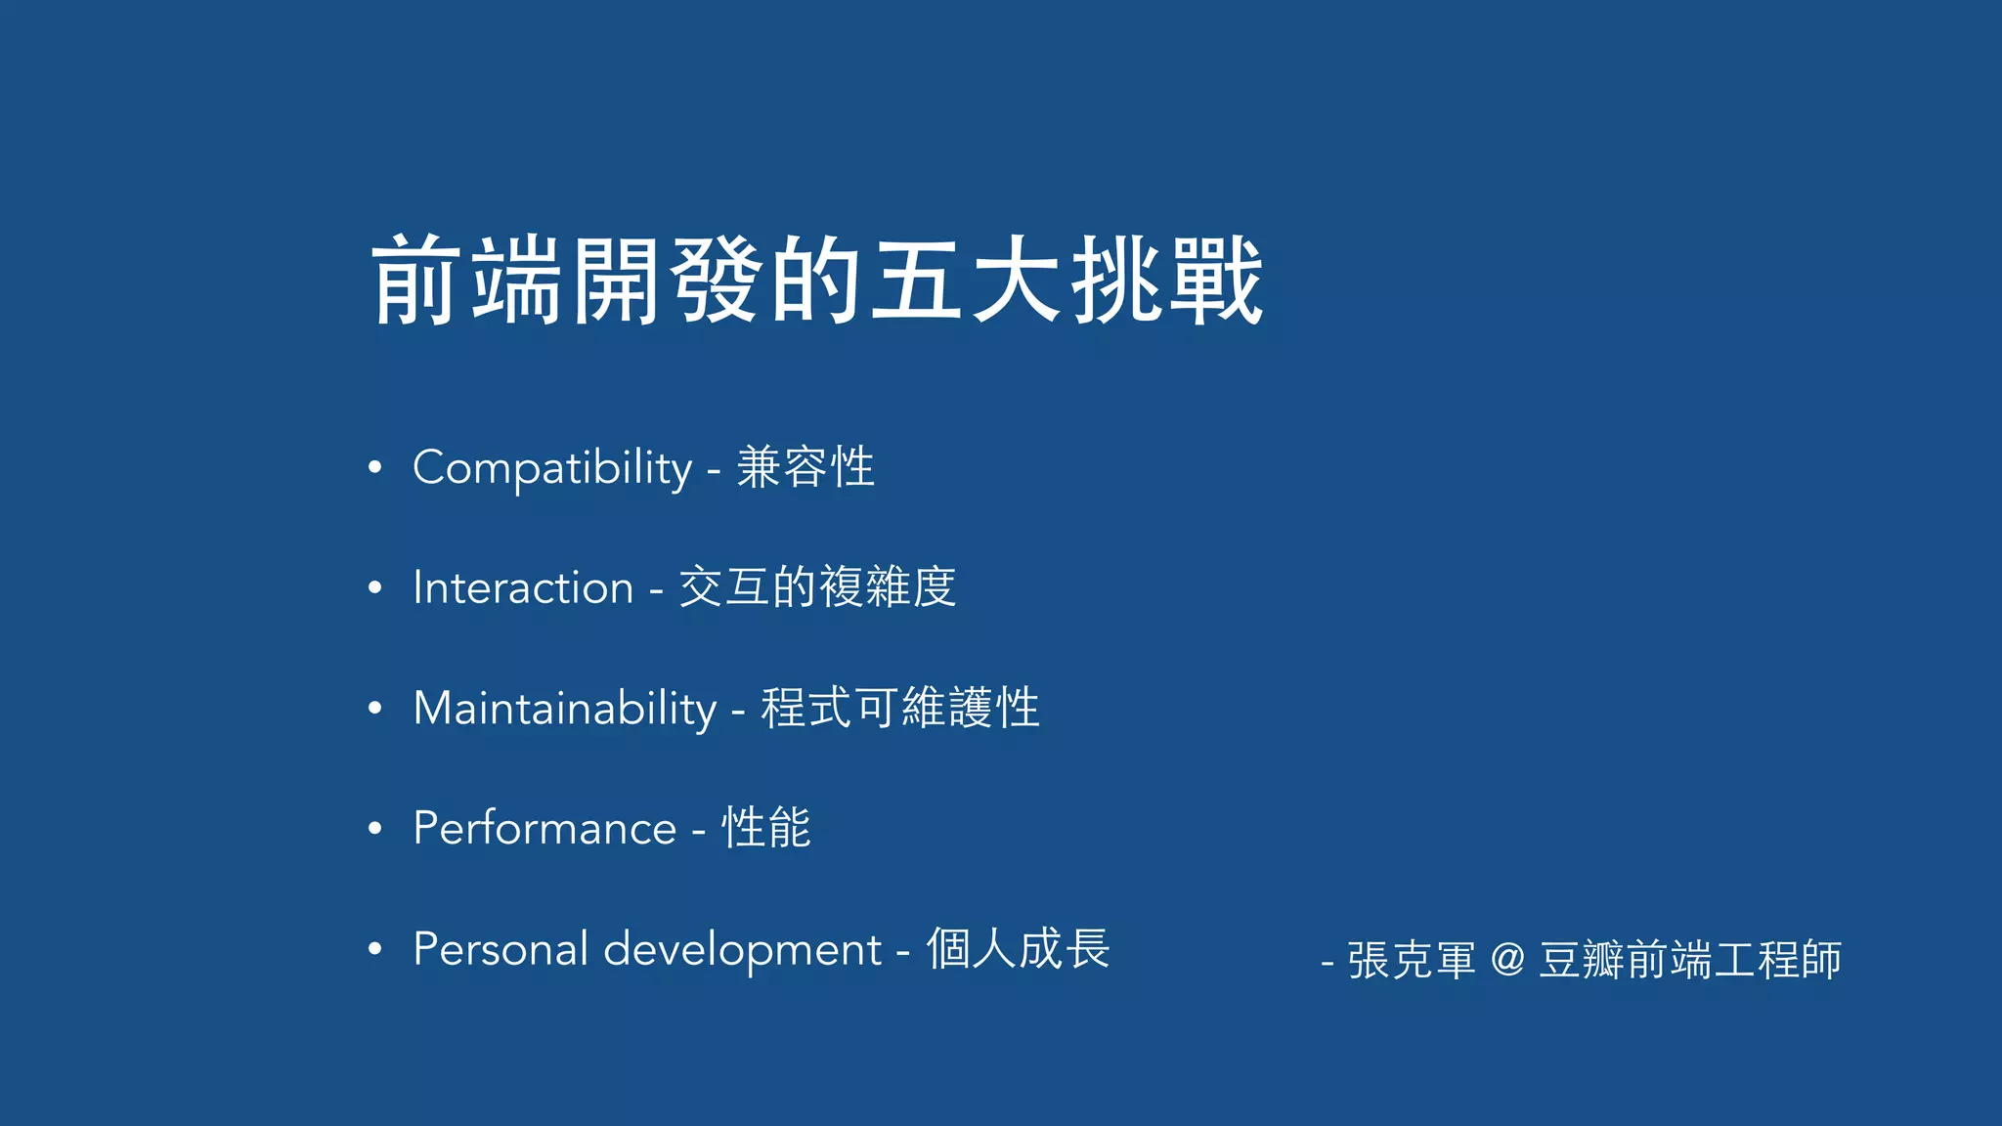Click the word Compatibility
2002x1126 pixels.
point(552,468)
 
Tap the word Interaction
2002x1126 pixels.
point(523,587)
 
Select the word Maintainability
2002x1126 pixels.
point(565,708)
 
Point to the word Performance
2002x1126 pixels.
point(544,829)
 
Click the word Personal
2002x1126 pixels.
point(500,949)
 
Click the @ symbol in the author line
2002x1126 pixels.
point(1507,959)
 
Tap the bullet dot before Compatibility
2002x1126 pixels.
point(374,467)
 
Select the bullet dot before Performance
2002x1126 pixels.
point(374,828)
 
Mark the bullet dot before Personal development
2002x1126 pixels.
point(374,948)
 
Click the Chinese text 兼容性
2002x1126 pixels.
point(805,467)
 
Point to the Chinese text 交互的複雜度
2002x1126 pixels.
point(817,587)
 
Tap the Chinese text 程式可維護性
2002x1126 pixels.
point(899,708)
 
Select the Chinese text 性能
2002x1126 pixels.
point(765,828)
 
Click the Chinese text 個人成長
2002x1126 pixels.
point(1018,948)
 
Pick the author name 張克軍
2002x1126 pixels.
point(1411,960)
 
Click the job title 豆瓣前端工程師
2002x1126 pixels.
point(1690,960)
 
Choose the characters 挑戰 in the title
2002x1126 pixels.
point(1167,281)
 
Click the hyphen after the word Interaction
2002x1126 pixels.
point(656,590)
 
